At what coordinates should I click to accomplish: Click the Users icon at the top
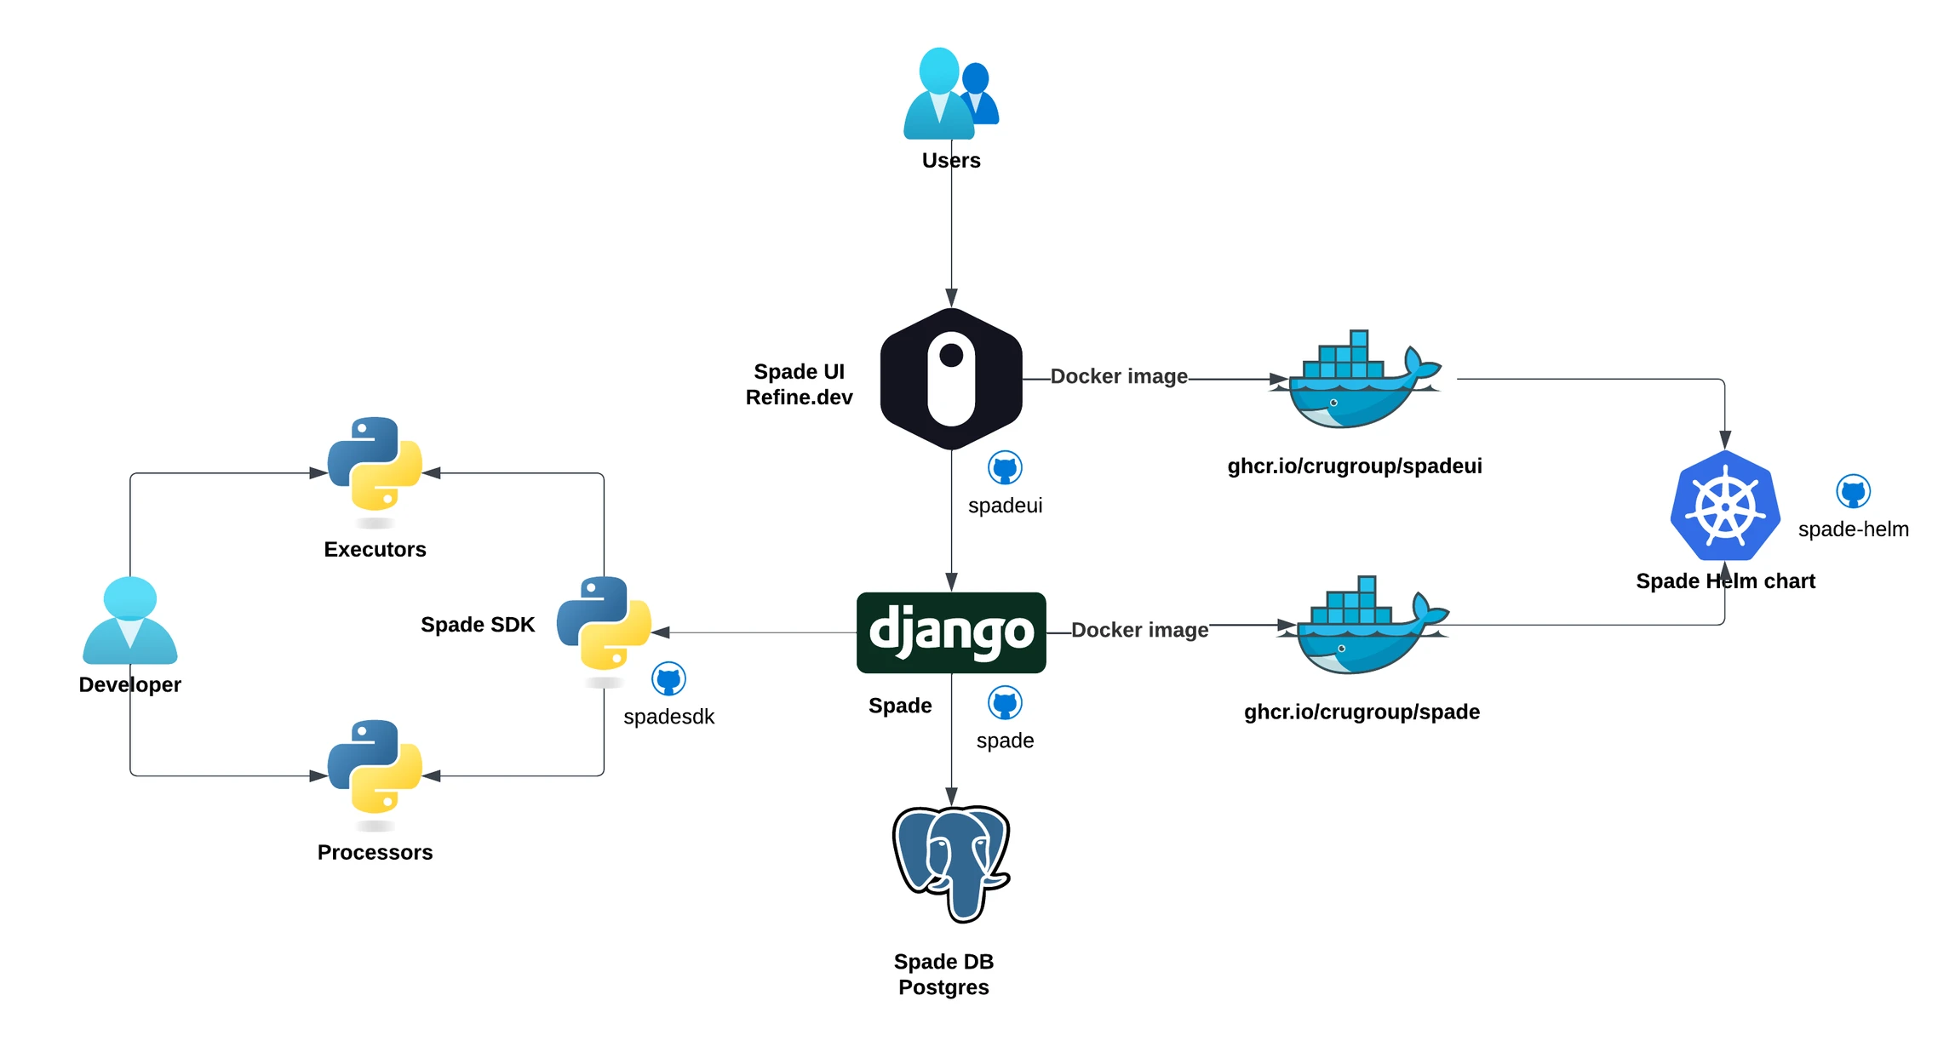pyautogui.click(x=949, y=94)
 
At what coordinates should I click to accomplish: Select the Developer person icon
pyautogui.click(x=129, y=621)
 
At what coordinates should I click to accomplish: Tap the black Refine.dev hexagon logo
pyautogui.click(x=951, y=379)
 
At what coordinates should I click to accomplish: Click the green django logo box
pyautogui.click(x=951, y=632)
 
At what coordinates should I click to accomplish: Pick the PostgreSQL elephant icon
pyautogui.click(x=951, y=863)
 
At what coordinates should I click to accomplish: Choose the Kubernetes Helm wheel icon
pyautogui.click(x=1725, y=506)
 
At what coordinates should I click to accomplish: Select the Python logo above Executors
pyautogui.click(x=375, y=464)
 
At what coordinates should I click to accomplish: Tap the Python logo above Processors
pyautogui.click(x=375, y=767)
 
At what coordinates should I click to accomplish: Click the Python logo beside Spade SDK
pyautogui.click(x=604, y=624)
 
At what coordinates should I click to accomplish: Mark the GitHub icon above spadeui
pyautogui.click(x=1005, y=467)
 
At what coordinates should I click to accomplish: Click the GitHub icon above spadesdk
pyautogui.click(x=668, y=679)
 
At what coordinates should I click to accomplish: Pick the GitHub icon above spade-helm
pyautogui.click(x=1853, y=491)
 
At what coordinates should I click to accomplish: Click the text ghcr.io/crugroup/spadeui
pyautogui.click(x=1354, y=466)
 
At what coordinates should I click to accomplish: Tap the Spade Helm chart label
pyautogui.click(x=1725, y=581)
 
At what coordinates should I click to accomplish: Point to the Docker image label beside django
pyautogui.click(x=1139, y=630)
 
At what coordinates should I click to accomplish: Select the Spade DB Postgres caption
pyautogui.click(x=943, y=975)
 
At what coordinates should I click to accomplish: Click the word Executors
pyautogui.click(x=375, y=550)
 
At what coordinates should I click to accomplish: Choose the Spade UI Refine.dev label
pyautogui.click(x=799, y=385)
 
